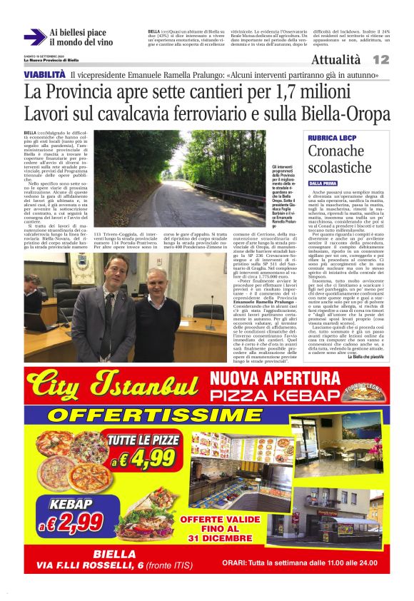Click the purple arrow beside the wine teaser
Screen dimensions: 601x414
tap(34, 37)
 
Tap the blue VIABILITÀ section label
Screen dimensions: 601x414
tap(45, 75)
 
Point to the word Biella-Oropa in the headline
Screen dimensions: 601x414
tap(342, 113)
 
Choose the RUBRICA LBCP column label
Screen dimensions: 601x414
tap(333, 137)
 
